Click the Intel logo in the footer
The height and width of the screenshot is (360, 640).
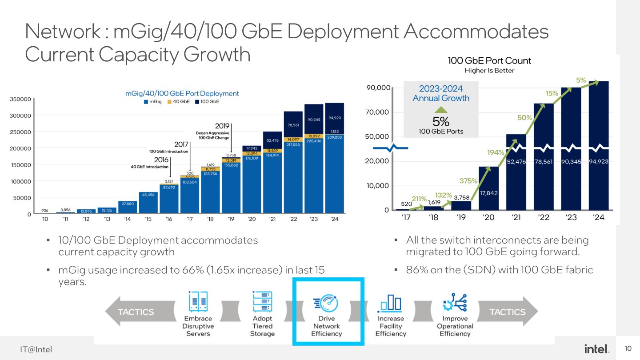click(596, 349)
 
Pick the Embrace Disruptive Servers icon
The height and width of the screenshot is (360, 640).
click(198, 301)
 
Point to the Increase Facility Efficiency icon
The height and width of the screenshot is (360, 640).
click(390, 304)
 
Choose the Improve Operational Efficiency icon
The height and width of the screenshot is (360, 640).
click(454, 302)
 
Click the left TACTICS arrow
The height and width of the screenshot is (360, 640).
click(133, 312)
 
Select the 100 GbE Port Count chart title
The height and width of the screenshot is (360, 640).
click(489, 61)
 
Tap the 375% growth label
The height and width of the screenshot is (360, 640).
click(468, 181)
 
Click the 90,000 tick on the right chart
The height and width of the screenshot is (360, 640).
click(378, 88)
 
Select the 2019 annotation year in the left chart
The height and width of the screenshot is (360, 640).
click(222, 126)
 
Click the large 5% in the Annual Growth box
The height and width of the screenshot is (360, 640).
click(441, 121)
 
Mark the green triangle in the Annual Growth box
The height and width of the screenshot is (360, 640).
click(441, 109)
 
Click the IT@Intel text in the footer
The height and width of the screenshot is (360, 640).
click(36, 349)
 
